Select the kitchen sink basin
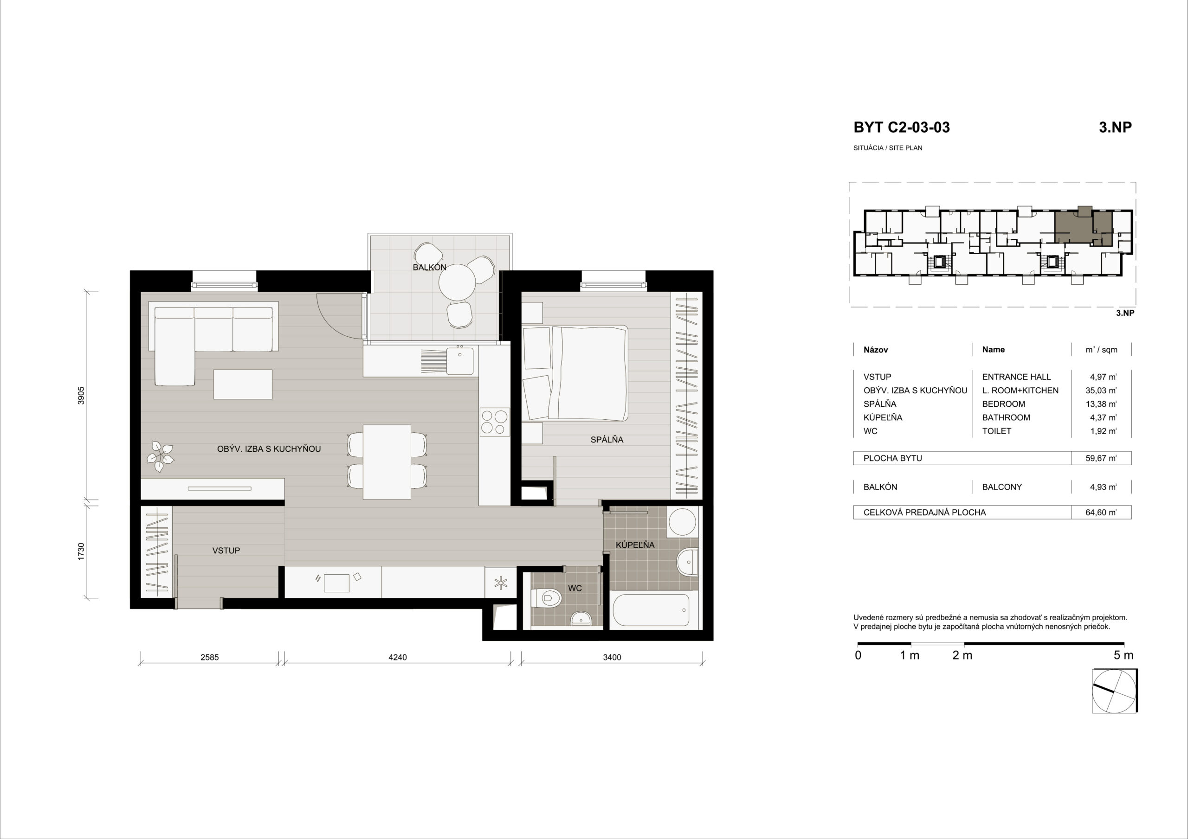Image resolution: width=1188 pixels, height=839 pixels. (x=460, y=360)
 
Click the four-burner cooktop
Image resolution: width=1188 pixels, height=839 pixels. (x=494, y=421)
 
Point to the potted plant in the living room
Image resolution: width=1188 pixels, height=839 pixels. (x=161, y=456)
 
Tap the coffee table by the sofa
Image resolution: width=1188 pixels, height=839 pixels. (x=243, y=384)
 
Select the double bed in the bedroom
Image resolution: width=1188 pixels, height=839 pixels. (x=575, y=372)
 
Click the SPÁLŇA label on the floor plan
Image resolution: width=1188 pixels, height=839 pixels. (x=607, y=440)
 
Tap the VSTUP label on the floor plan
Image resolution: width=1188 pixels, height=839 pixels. (x=226, y=551)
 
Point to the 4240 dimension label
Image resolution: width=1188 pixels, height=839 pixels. (x=397, y=658)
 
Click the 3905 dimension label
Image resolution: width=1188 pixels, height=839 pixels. (x=81, y=395)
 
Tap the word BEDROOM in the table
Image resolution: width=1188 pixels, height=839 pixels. (x=1003, y=404)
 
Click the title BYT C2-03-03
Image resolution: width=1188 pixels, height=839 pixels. (x=901, y=127)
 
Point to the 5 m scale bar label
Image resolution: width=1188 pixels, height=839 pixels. (x=1123, y=655)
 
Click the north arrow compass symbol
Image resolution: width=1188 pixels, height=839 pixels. (x=1115, y=691)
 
